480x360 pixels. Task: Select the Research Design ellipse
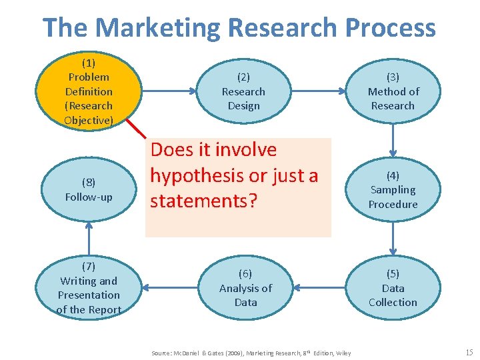(x=243, y=91)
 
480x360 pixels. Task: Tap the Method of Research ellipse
(x=393, y=91)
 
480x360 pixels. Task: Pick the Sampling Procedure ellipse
(x=393, y=190)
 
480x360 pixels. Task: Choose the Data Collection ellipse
(x=393, y=288)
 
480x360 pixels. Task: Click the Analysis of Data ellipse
(x=245, y=288)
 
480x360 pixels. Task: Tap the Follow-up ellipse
(x=89, y=190)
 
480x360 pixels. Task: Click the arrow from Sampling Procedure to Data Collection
(x=393, y=239)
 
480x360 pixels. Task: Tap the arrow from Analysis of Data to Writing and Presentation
(x=170, y=288)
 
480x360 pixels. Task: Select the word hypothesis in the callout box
(x=207, y=175)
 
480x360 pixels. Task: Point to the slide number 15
(x=468, y=351)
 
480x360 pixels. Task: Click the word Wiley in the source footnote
(x=343, y=353)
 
